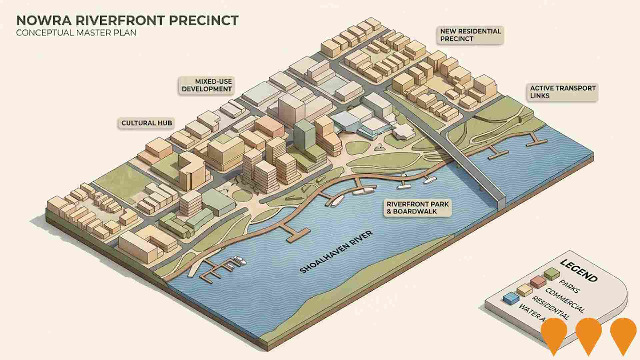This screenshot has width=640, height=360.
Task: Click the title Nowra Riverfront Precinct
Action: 127,20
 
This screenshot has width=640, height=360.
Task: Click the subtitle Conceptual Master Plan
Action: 76,33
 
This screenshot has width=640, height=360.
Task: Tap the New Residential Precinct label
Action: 470,35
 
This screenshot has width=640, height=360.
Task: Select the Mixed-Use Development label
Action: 207,85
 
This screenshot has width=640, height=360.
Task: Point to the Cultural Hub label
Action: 147,123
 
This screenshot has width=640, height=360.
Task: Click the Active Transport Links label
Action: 563,92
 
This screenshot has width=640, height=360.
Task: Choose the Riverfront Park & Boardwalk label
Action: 417,208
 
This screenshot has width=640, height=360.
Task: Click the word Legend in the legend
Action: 578,270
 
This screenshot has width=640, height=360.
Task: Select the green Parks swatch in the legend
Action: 551,274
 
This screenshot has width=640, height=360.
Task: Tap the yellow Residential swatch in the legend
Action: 524,290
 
